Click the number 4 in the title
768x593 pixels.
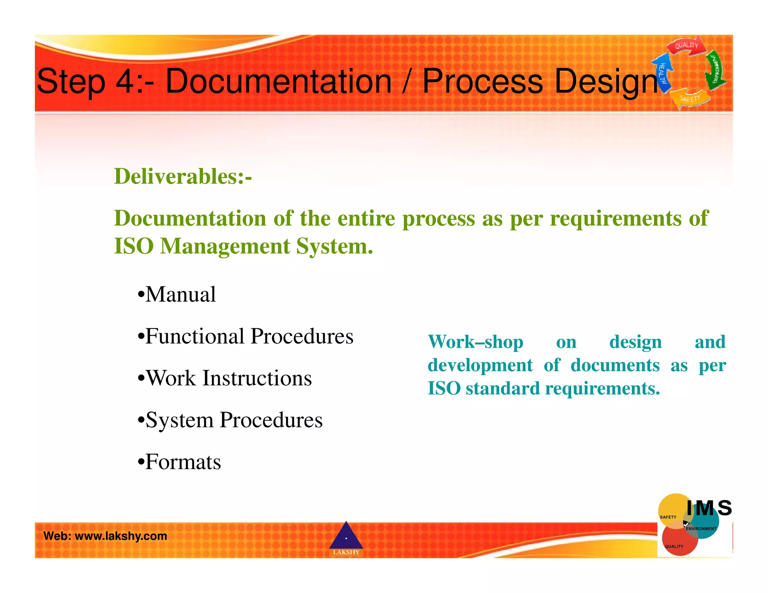[124, 81]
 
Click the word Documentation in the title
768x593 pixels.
[279, 81]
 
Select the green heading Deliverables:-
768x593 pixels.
[183, 176]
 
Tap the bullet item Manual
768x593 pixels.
[180, 294]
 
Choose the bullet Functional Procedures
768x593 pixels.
[249, 336]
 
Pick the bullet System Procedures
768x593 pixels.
[234, 420]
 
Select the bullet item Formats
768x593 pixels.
[183, 462]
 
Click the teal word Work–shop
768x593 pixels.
[475, 342]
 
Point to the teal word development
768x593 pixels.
[480, 365]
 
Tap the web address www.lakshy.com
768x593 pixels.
[121, 536]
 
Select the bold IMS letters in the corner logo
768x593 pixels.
[709, 508]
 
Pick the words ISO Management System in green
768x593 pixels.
[243, 246]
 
